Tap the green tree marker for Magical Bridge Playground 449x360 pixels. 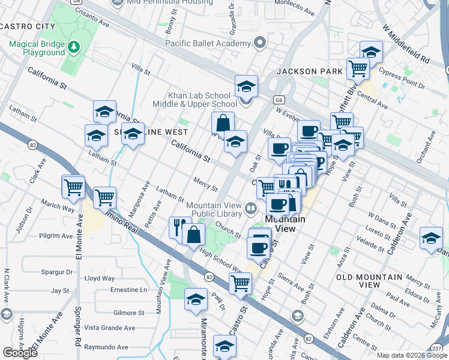(x=74, y=46)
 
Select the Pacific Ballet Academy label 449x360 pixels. (x=208, y=43)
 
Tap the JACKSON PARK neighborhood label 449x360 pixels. (x=310, y=71)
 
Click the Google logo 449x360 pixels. (x=20, y=353)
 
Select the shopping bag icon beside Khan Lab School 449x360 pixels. (x=223, y=122)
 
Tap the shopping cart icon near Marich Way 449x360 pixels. (x=73, y=187)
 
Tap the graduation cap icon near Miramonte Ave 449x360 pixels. (x=196, y=301)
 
